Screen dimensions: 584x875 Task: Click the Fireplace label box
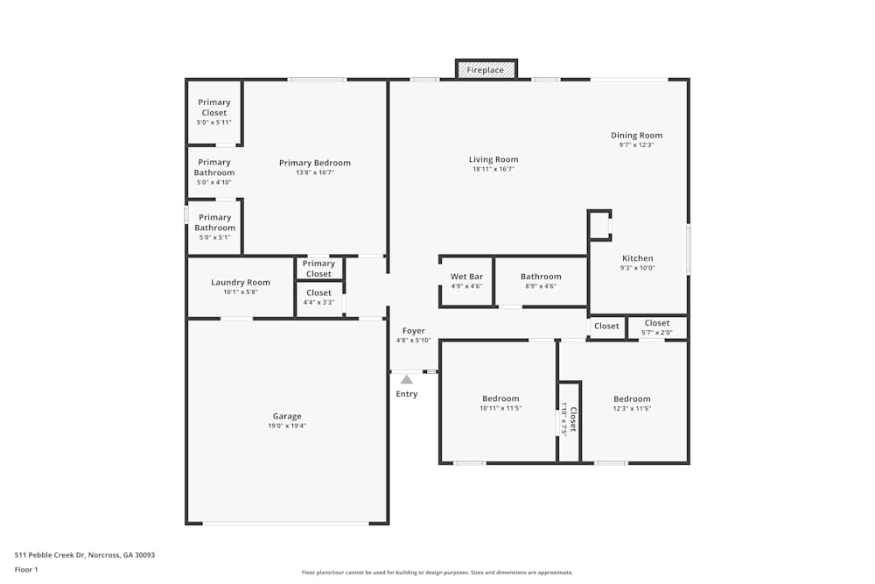[486, 69]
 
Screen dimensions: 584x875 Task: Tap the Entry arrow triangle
[406, 379]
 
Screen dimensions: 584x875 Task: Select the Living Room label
[493, 159]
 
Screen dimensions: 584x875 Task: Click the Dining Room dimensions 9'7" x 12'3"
[636, 145]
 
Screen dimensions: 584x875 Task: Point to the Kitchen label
[637, 258]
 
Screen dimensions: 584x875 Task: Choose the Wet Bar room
[466, 281]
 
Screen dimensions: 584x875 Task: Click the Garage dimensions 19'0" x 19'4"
[287, 426]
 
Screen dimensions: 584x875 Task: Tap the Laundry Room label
[241, 282]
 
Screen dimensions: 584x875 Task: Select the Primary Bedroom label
[315, 163]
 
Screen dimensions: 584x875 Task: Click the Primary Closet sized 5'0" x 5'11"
[213, 111]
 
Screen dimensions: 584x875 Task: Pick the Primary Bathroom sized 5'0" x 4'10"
[213, 172]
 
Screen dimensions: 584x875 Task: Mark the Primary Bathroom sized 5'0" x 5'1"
[213, 227]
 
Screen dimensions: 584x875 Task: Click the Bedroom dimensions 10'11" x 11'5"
[500, 408]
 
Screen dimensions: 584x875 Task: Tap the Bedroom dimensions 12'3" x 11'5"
[632, 408]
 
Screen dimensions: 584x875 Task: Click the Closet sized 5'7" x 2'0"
[656, 327]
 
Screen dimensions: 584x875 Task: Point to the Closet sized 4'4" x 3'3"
[318, 298]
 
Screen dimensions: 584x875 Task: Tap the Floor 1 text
[26, 569]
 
